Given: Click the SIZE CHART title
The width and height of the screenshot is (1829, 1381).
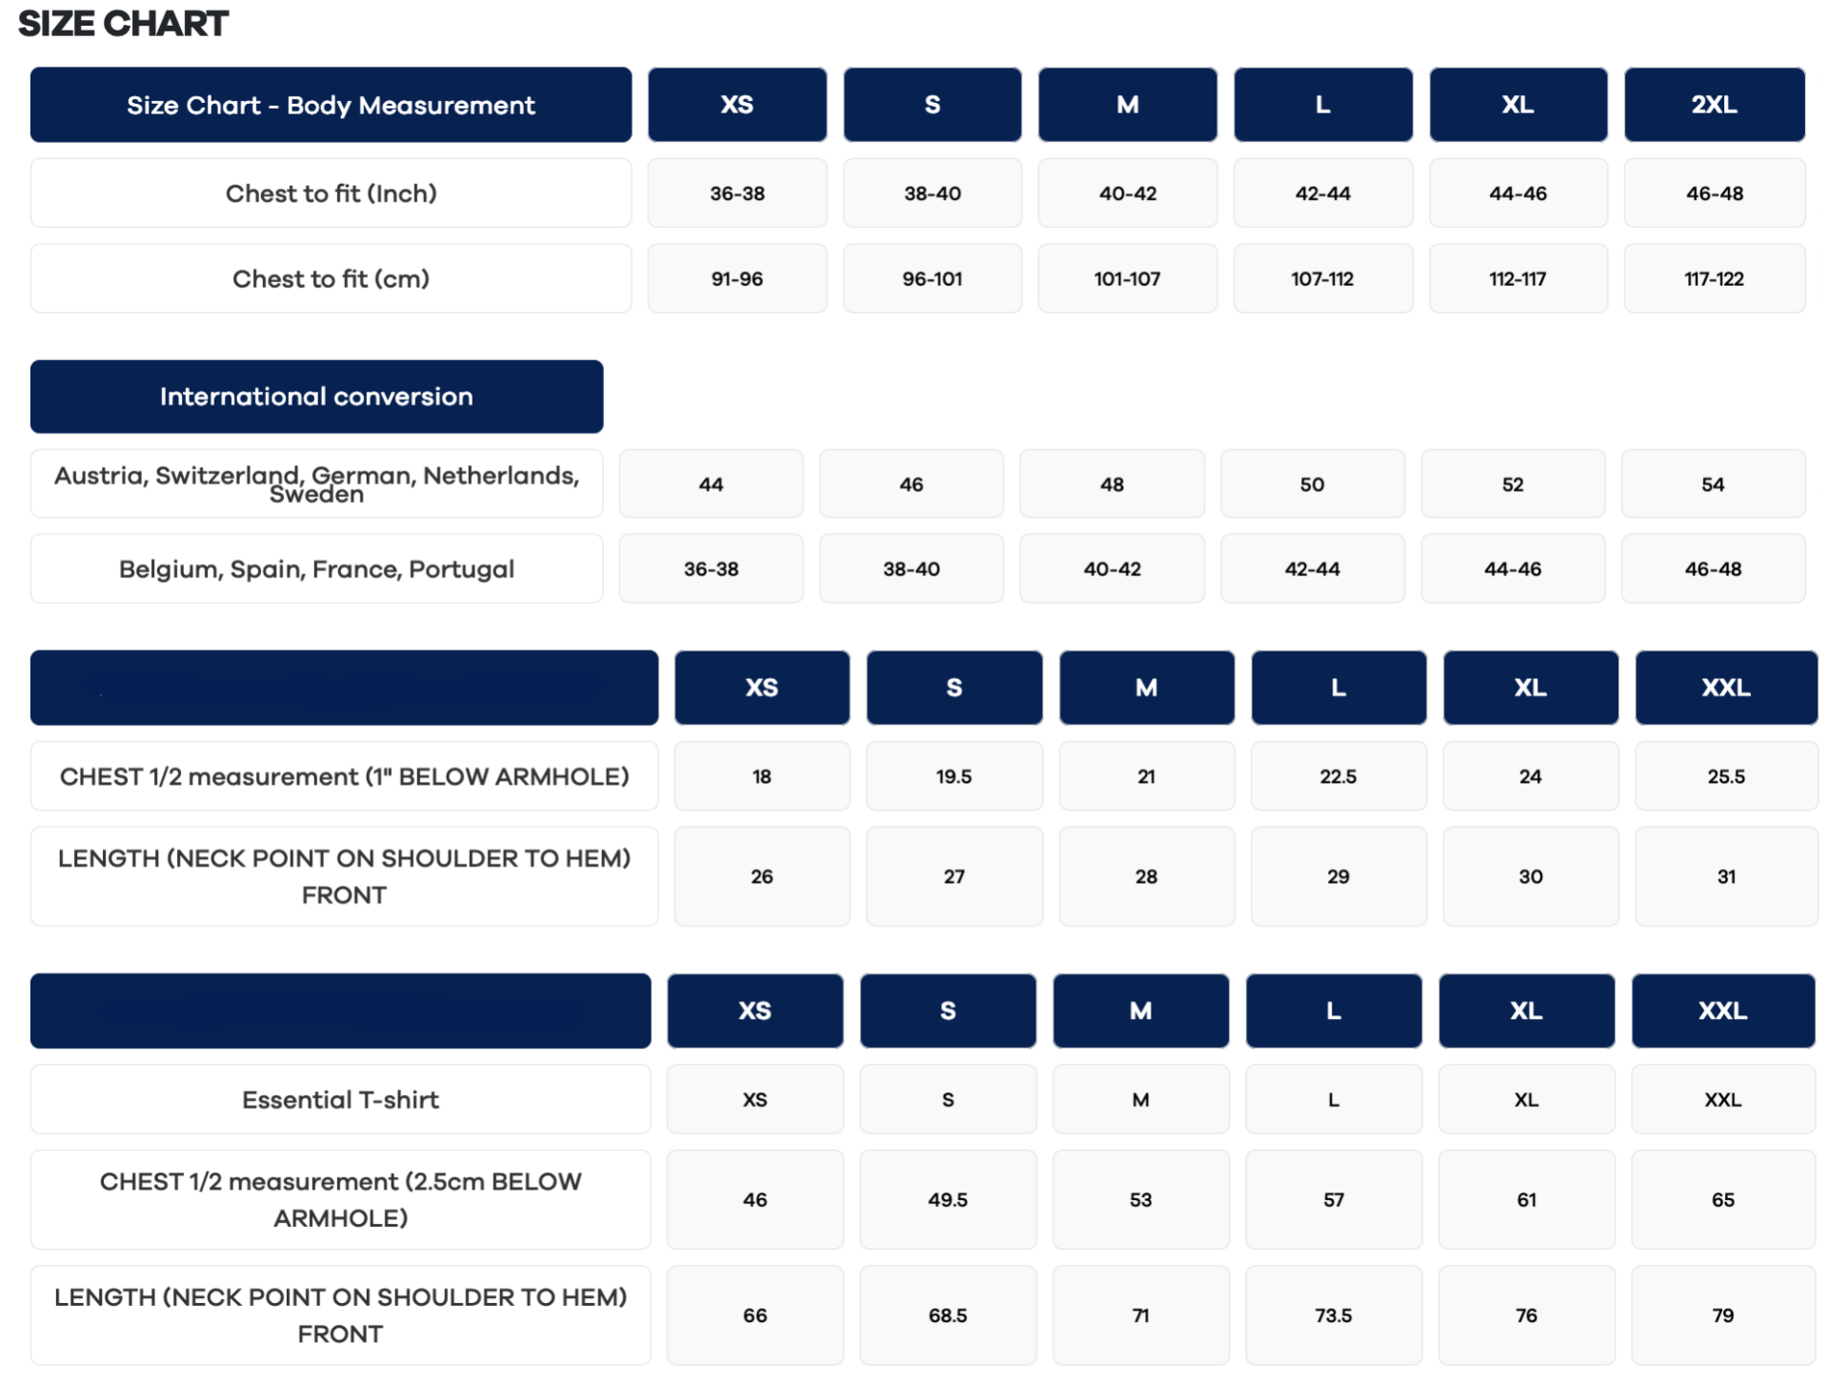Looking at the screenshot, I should (x=123, y=24).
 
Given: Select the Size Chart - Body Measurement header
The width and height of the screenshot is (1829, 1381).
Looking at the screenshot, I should (x=331, y=105).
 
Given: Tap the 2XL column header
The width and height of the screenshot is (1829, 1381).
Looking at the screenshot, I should (x=1714, y=105).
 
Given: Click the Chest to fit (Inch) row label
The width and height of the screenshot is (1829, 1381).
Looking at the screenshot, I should (x=331, y=193).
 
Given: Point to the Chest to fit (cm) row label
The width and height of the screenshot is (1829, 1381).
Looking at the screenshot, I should (x=331, y=279).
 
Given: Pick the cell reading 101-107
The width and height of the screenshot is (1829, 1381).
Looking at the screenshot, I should (x=1127, y=279).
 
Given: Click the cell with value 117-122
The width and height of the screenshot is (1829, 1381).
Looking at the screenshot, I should (x=1714, y=279).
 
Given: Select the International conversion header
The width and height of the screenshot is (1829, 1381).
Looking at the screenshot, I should (x=316, y=396).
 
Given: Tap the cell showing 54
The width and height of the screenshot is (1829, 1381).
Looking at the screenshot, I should (x=1713, y=484).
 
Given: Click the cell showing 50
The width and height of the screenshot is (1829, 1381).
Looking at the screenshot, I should (x=1312, y=484).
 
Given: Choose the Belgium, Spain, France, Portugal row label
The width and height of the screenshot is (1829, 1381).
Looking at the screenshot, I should (x=316, y=569).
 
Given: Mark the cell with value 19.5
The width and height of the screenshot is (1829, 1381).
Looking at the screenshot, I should (x=954, y=776).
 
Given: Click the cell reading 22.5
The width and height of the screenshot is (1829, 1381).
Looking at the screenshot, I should (x=1337, y=776).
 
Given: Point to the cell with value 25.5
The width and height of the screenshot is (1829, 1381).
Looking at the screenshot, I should (x=1726, y=776).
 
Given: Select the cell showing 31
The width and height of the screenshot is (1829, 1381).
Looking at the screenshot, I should (x=1726, y=876).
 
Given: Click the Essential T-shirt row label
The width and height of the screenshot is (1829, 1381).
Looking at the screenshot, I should (x=340, y=1100).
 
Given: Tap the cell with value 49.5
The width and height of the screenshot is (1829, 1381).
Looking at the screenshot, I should (x=948, y=1200).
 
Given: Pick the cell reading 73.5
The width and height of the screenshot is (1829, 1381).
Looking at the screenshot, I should (x=1333, y=1315).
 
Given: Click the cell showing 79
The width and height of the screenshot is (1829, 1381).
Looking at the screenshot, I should (x=1722, y=1315).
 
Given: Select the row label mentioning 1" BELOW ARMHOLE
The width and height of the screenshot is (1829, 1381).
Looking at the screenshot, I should (x=344, y=776).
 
